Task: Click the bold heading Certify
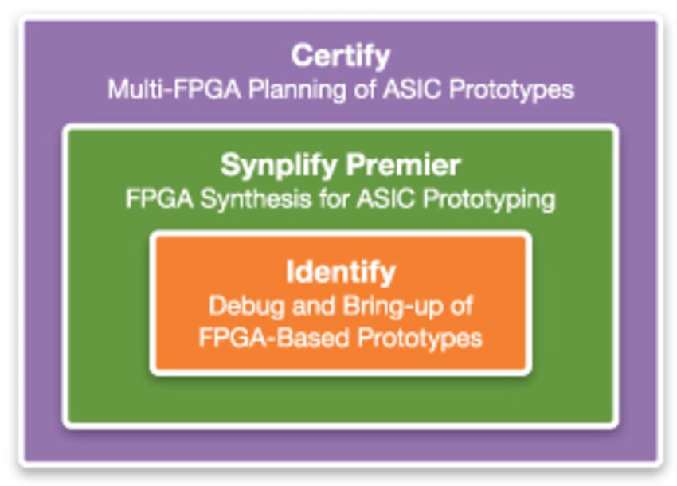coord(340,57)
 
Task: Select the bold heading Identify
coord(340,272)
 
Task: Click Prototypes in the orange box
coord(420,337)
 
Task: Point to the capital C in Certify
coord(301,57)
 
